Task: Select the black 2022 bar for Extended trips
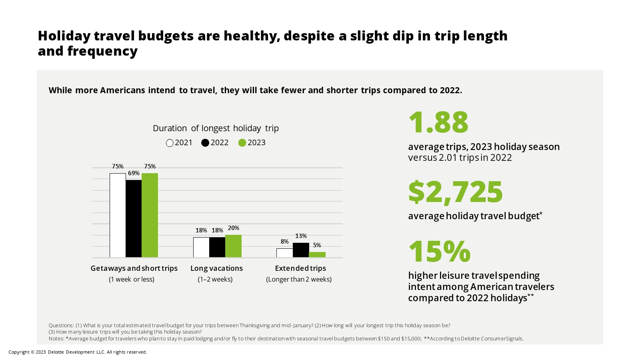coord(301,250)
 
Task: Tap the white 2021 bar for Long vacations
coord(201,247)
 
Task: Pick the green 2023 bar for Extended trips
coord(317,254)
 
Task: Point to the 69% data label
coord(134,173)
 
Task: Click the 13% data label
coord(301,236)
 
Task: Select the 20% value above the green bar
coord(234,228)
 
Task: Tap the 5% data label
coord(317,245)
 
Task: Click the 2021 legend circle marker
coord(170,143)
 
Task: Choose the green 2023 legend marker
coord(242,143)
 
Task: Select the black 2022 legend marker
coord(205,143)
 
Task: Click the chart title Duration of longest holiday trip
coord(216,128)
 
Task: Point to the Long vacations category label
coord(216,268)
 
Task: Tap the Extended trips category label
coord(300,268)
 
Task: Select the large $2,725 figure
coord(455,192)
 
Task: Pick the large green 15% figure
coord(439,252)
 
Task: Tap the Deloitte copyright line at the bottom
coord(78,352)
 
